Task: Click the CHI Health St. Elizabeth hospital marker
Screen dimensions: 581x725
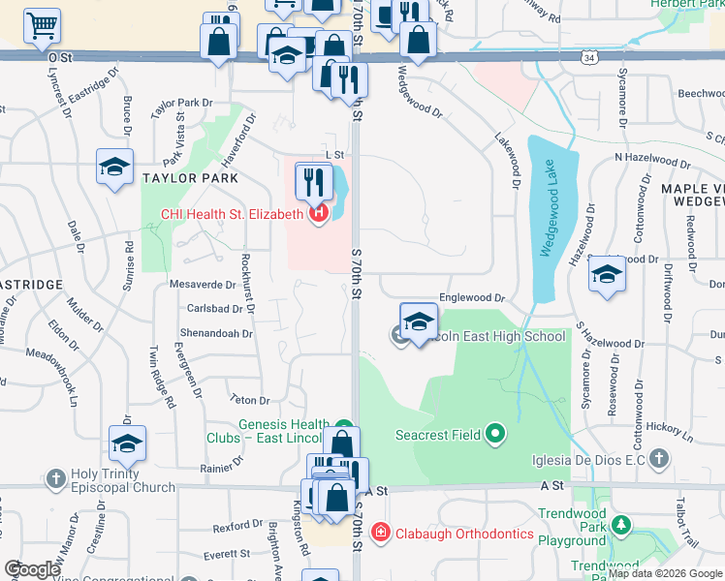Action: click(x=317, y=214)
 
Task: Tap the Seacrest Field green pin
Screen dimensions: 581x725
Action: click(x=494, y=434)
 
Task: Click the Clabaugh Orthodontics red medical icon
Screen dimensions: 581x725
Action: click(x=381, y=533)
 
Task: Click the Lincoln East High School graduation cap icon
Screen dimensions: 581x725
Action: click(x=418, y=323)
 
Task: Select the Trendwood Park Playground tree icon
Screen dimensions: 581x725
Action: click(x=617, y=527)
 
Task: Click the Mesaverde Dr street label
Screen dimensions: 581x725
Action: click(x=203, y=285)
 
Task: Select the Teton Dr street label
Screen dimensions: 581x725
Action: click(x=247, y=398)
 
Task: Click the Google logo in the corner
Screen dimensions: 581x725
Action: click(x=31, y=569)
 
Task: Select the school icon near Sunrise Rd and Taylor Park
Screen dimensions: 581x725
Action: click(x=114, y=167)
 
